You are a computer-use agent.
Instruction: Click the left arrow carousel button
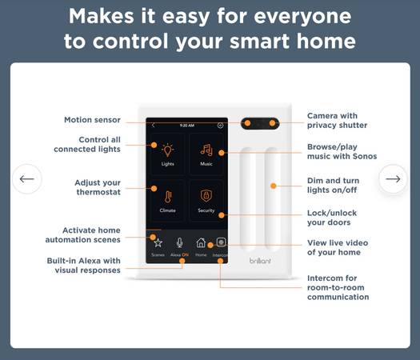tap(27, 178)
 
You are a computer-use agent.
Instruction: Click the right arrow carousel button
tap(393, 178)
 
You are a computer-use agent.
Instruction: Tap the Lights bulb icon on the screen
tap(168, 150)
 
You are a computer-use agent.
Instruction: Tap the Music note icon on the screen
tap(206, 150)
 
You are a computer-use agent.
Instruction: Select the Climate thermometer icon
tap(168, 197)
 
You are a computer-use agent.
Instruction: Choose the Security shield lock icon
tap(206, 196)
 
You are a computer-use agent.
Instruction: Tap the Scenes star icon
tap(158, 243)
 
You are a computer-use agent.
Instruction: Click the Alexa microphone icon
tap(180, 242)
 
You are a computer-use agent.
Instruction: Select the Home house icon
tap(201, 242)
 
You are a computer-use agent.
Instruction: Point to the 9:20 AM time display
tap(187, 126)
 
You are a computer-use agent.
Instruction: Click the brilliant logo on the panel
tap(260, 260)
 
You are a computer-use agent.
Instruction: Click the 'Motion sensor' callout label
tap(93, 120)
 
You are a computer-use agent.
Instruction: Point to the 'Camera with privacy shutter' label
tap(337, 121)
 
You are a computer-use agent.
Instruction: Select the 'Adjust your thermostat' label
tap(98, 187)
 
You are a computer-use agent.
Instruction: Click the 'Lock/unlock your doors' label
tap(332, 218)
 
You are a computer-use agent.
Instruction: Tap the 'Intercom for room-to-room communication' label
tap(338, 287)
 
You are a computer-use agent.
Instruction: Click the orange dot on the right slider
tap(274, 186)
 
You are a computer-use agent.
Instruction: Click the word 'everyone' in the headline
tap(302, 17)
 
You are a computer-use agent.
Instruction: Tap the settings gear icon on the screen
tap(221, 126)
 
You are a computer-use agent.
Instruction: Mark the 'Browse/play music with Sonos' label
tap(342, 151)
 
